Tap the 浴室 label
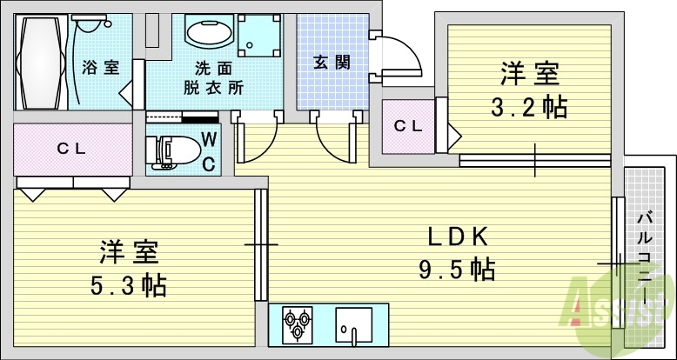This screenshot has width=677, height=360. click(x=101, y=67)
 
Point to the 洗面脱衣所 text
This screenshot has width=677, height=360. click(x=213, y=77)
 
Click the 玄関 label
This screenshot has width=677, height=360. click(x=332, y=62)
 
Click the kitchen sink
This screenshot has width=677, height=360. click(x=355, y=326)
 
